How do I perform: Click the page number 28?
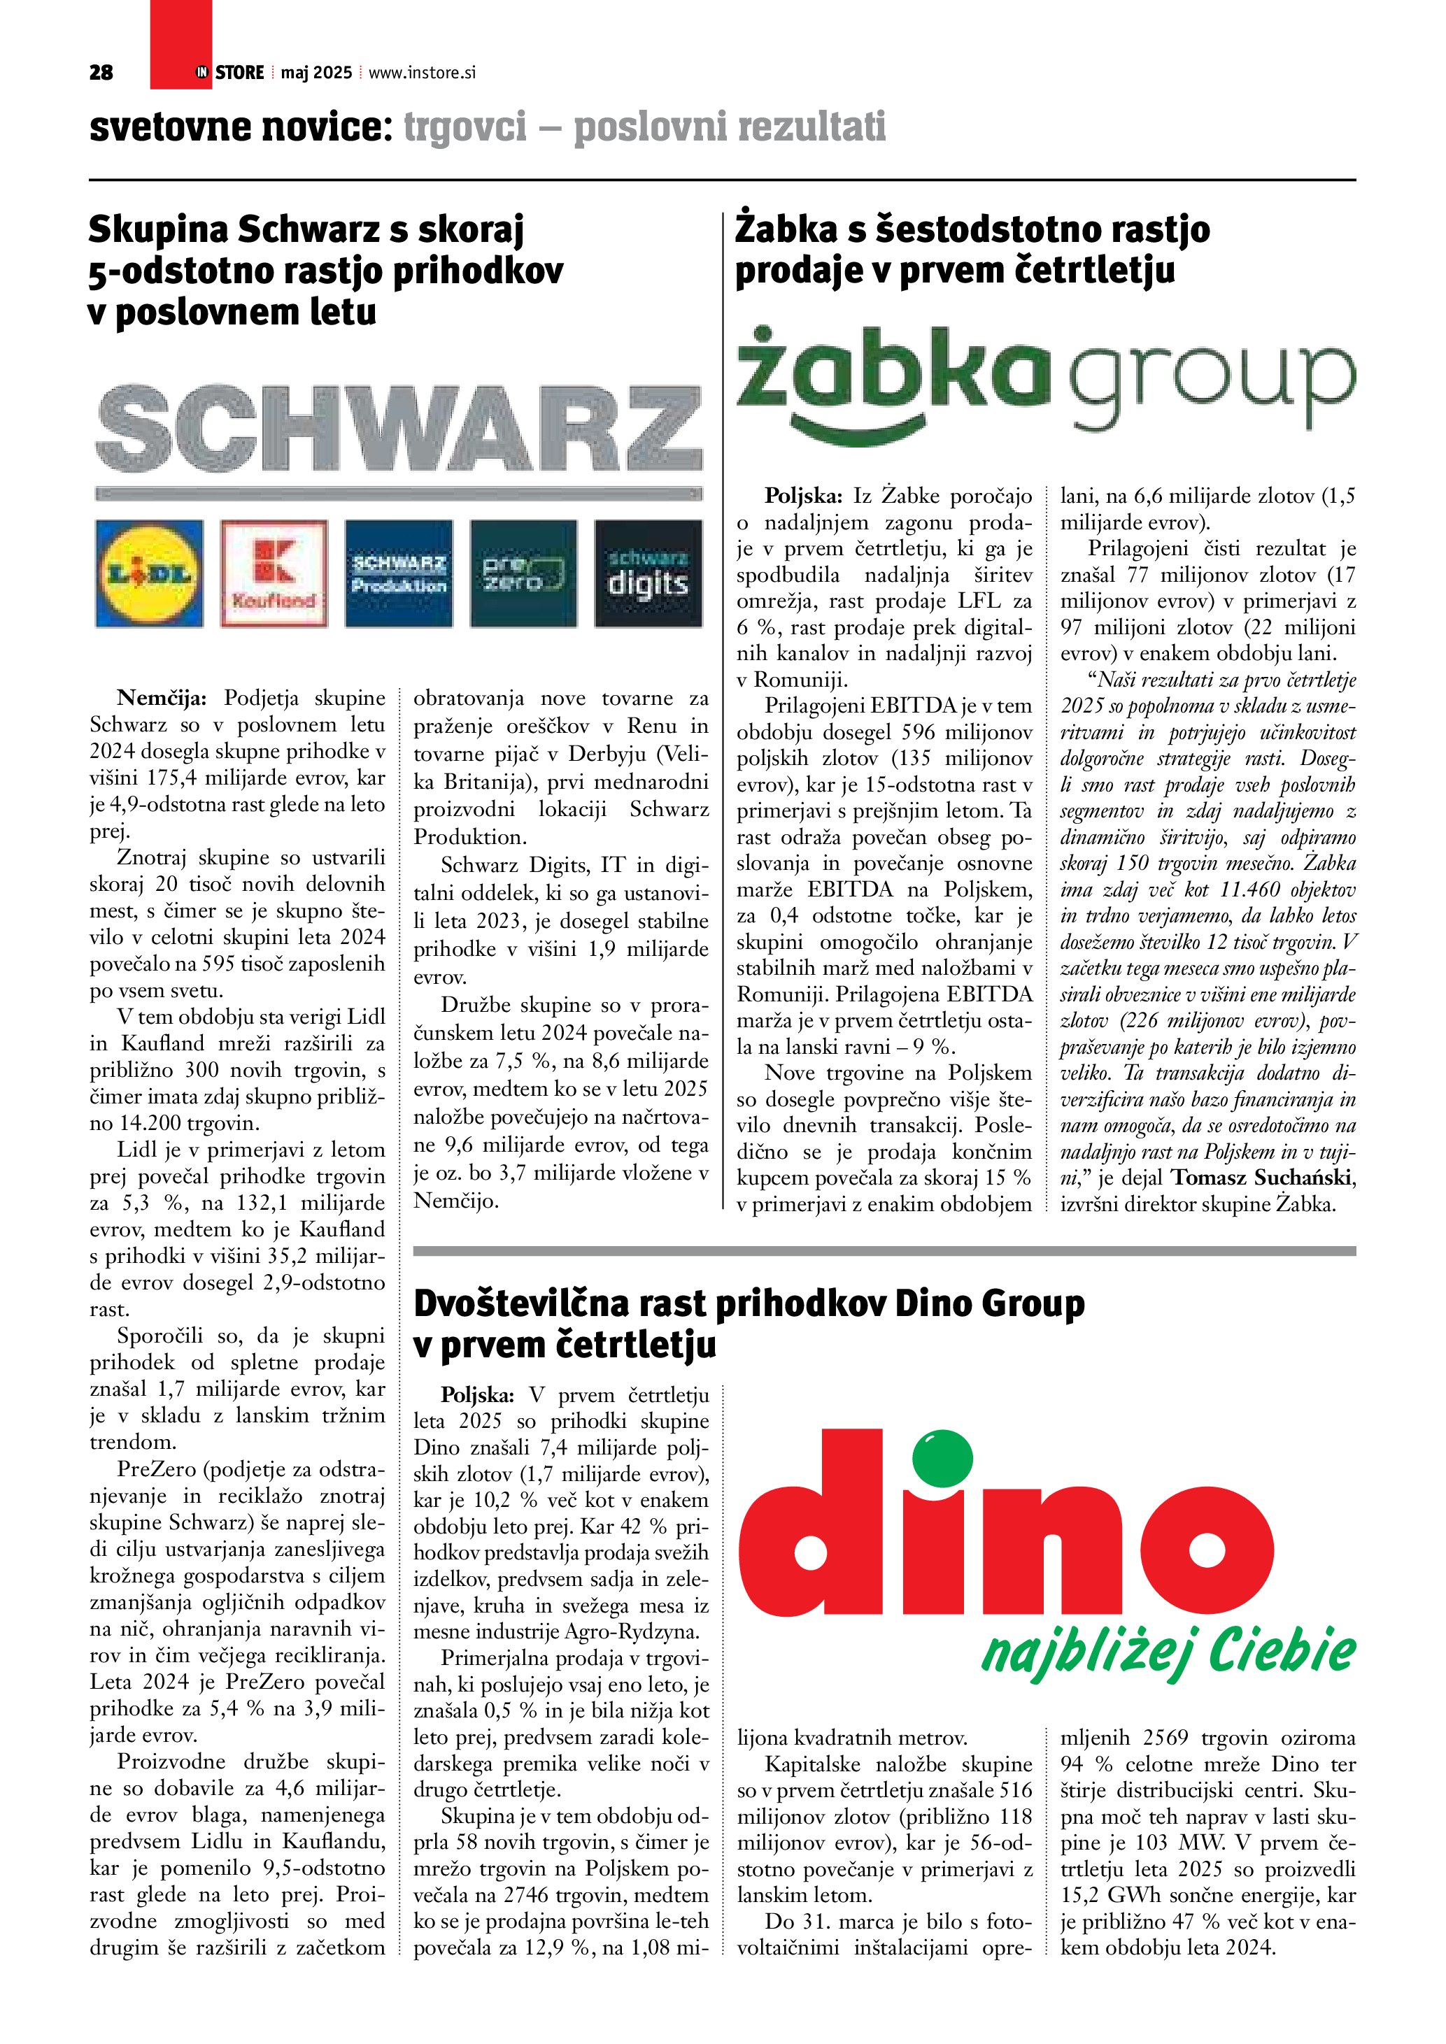(x=101, y=73)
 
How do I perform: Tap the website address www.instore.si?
(x=422, y=73)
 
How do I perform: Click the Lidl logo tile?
(x=149, y=574)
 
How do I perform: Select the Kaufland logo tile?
(x=274, y=574)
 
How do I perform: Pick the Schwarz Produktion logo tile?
(x=398, y=574)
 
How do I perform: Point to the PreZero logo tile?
(x=523, y=574)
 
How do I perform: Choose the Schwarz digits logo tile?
(x=648, y=574)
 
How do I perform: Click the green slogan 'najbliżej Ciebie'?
(x=1168, y=1653)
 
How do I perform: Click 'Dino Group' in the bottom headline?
(x=989, y=1304)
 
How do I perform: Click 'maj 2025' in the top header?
(x=316, y=73)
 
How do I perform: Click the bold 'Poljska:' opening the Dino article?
(x=477, y=1395)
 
